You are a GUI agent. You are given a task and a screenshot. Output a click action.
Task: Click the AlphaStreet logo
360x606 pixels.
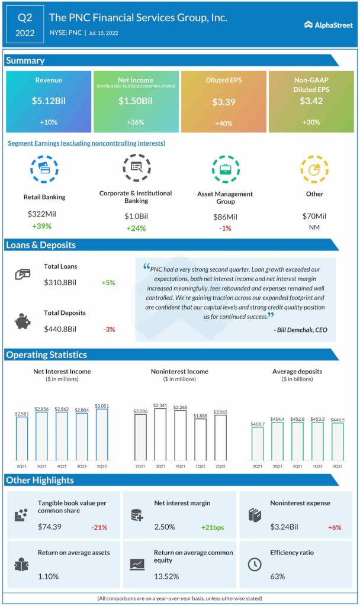[329, 25]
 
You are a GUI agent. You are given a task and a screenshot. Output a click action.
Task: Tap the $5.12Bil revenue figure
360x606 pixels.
[49, 101]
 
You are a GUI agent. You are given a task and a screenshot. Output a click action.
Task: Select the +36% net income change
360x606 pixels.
[136, 123]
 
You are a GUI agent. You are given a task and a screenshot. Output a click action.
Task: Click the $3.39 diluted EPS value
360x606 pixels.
[224, 102]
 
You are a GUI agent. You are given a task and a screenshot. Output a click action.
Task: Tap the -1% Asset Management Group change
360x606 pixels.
[224, 228]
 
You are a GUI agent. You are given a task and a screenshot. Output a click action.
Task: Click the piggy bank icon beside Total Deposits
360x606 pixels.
[22, 321]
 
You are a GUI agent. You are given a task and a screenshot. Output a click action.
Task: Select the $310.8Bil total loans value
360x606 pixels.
[61, 283]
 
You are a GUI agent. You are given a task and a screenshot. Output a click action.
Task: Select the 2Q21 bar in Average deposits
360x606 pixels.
[258, 443]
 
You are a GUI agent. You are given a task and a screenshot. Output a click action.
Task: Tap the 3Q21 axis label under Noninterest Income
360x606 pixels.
[160, 466]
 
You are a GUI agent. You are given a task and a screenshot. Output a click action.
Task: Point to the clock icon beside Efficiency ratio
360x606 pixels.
[253, 564]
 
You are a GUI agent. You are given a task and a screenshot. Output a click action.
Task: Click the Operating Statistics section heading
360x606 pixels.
[46, 355]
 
